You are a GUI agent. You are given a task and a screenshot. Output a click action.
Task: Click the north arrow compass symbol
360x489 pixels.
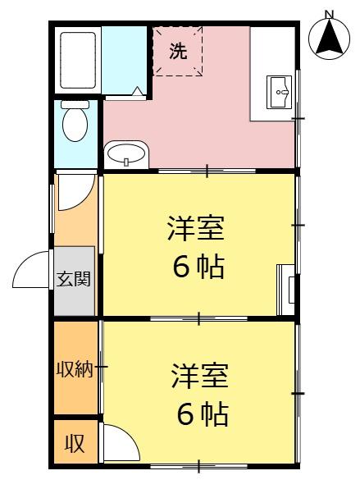[329, 39]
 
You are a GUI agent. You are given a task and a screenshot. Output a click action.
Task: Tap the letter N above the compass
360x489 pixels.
[329, 14]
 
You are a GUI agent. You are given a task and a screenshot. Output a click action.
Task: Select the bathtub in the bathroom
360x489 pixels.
[78, 60]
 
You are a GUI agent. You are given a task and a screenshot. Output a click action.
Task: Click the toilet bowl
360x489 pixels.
[75, 125]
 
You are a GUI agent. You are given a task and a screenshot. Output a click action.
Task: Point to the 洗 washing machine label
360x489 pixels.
[178, 51]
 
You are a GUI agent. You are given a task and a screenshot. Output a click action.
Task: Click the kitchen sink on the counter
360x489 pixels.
[279, 92]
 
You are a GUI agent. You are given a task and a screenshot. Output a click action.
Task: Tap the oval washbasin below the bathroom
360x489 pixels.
[126, 153]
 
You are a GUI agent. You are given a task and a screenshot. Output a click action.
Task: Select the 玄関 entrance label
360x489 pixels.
[74, 279]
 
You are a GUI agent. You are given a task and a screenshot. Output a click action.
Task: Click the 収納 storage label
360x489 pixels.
[75, 370]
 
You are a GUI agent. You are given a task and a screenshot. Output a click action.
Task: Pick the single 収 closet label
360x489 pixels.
[75, 444]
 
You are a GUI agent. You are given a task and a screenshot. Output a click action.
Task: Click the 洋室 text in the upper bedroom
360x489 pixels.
[196, 229]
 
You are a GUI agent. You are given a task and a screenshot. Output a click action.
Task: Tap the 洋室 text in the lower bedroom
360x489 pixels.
[200, 376]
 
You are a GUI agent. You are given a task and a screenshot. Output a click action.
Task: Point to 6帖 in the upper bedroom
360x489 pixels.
[198, 267]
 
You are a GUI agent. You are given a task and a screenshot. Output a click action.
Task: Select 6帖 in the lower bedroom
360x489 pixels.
[203, 414]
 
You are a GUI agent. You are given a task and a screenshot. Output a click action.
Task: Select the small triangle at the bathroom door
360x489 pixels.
[138, 91]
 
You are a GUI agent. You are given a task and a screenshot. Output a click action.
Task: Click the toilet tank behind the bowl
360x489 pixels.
[75, 104]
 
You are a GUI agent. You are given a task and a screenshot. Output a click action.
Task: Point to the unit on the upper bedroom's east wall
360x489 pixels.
[286, 290]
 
